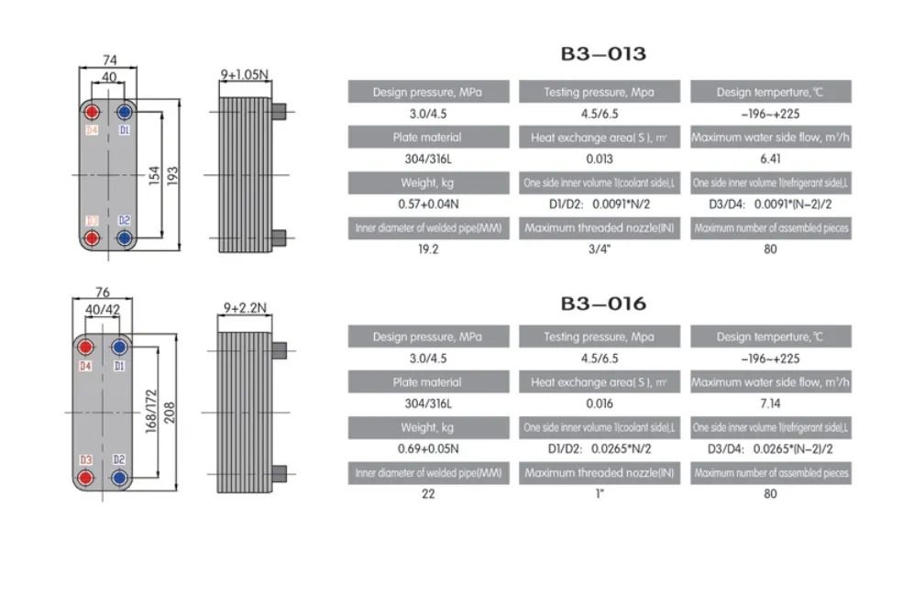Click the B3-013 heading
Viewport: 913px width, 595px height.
pyautogui.click(x=603, y=53)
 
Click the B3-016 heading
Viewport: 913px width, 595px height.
pyautogui.click(x=603, y=303)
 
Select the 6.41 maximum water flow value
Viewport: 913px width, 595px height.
pyautogui.click(x=770, y=159)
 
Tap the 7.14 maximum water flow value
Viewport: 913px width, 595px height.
pyautogui.click(x=770, y=403)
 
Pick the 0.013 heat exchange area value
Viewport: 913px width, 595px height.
pyautogui.click(x=599, y=159)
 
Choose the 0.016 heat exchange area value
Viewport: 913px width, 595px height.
pyautogui.click(x=599, y=403)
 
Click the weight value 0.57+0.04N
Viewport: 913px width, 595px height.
pyautogui.click(x=428, y=204)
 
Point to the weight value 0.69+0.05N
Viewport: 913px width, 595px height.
pyautogui.click(x=428, y=449)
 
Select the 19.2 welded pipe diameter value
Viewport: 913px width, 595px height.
pyautogui.click(x=428, y=248)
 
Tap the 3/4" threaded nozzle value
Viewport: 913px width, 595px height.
pyautogui.click(x=599, y=248)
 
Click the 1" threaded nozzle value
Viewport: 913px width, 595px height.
pyautogui.click(x=599, y=493)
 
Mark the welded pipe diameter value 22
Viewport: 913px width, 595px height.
pyautogui.click(x=428, y=493)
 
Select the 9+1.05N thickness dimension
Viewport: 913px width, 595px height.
pyautogui.click(x=245, y=72)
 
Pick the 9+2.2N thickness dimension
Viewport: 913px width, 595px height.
pyautogui.click(x=244, y=308)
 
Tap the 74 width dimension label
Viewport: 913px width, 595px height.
pyautogui.click(x=109, y=59)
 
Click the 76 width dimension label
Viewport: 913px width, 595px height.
pyautogui.click(x=103, y=294)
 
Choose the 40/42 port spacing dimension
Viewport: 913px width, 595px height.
pyautogui.click(x=103, y=310)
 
